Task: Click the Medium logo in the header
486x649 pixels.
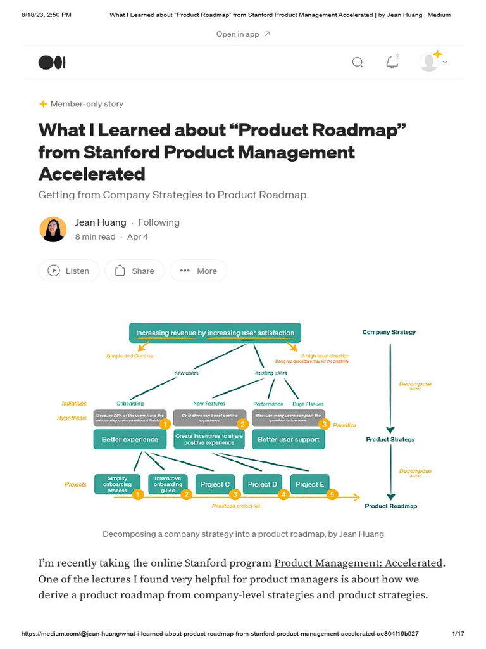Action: pos(52,62)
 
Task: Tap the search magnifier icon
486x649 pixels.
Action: pos(358,62)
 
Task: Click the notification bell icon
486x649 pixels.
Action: pos(392,62)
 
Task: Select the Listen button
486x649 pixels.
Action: pos(69,271)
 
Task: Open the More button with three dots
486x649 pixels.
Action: pos(198,271)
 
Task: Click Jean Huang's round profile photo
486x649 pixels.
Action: pos(53,229)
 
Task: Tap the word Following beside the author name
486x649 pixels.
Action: pos(159,222)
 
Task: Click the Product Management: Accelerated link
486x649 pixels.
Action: pos(358,563)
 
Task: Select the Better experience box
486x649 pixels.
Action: pos(130,439)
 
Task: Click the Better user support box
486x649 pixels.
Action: pos(289,439)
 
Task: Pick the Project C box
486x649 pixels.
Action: pos(215,484)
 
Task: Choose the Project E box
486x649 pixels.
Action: pos(310,484)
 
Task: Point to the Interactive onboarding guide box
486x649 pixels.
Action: pos(168,484)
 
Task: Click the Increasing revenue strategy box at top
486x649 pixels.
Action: pos(215,333)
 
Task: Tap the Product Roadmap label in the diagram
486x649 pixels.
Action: pos(390,506)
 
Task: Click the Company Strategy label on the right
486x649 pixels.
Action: pos(389,332)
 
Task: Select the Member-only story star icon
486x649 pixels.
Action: pos(43,104)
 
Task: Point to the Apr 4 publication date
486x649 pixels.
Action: pos(137,236)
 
